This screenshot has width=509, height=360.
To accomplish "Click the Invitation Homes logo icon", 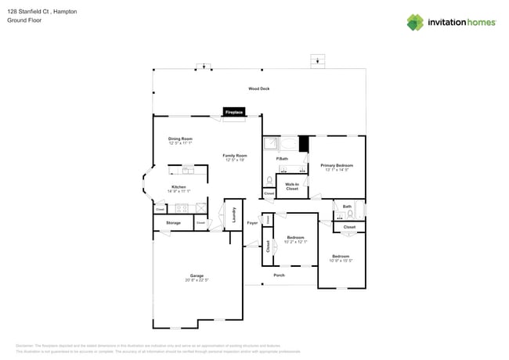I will [x=415, y=22].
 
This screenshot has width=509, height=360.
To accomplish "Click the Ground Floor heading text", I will [x=23, y=20].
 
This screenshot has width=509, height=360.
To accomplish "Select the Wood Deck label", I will [x=259, y=89].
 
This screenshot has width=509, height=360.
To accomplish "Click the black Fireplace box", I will [x=234, y=113].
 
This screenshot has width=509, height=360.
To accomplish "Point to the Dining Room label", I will [x=180, y=139].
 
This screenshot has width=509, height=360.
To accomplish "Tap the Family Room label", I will [x=234, y=156].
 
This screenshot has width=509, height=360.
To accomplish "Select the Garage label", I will [x=197, y=275].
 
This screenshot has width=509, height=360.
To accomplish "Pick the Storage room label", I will [x=173, y=223].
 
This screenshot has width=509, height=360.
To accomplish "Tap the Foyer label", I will [x=252, y=223].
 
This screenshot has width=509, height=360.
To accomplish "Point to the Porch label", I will [x=279, y=275].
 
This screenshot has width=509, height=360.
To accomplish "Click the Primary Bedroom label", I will [x=337, y=165].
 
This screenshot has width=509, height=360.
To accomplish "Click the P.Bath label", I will [x=283, y=160].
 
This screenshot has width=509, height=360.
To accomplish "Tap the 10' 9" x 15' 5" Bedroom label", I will [x=341, y=257].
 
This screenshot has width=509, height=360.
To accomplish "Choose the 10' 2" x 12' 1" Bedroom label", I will [x=295, y=237].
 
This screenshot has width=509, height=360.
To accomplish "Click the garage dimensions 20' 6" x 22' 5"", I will [x=197, y=280].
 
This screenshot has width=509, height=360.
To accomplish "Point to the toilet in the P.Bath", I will [x=269, y=178].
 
